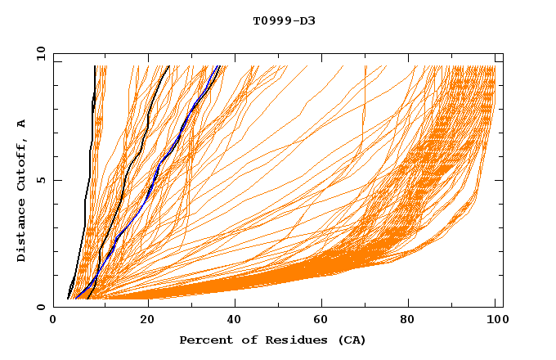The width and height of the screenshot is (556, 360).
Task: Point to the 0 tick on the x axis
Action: tap(53, 321)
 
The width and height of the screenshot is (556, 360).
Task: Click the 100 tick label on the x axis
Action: tap(495, 321)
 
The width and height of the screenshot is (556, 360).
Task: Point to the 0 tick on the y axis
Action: tap(40, 308)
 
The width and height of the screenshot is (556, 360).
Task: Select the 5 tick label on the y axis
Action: tap(40, 180)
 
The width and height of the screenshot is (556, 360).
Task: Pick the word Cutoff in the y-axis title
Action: tap(21, 166)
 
